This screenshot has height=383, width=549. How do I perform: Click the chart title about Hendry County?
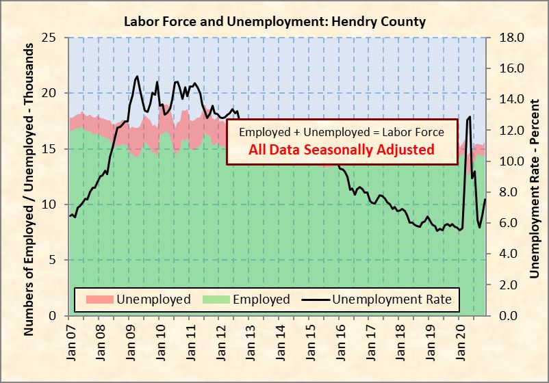(274, 21)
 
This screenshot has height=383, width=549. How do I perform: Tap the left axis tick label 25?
(49, 38)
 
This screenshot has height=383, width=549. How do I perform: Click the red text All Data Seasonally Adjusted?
(342, 149)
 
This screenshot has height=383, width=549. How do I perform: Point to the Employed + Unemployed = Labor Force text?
(342, 132)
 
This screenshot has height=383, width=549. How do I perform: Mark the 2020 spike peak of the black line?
(470, 117)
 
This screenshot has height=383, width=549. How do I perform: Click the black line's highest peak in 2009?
(137, 77)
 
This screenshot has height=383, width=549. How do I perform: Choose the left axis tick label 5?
(53, 260)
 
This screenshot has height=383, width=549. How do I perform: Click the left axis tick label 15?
(49, 149)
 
